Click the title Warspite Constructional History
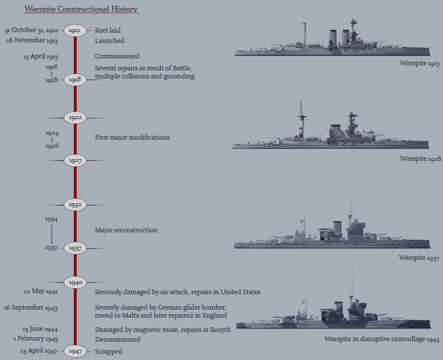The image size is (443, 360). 81,9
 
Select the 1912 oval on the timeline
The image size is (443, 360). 75,30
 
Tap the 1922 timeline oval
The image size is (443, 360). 75,118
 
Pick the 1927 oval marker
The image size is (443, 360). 75,161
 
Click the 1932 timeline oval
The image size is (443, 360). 75,204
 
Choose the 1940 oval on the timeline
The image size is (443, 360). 75,282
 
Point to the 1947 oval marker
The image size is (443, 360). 75,351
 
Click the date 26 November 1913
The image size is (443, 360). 32,41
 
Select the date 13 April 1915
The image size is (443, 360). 41,57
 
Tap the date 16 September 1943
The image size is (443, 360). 30,308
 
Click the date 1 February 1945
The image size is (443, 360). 35,339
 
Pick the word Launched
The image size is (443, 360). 109,41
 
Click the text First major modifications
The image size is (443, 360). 132,137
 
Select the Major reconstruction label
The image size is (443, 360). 126,230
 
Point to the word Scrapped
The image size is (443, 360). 108,351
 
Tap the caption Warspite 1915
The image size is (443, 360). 420,64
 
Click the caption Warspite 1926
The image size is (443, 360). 420,159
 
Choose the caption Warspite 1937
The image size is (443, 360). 420,258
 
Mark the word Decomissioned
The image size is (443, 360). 117,339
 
